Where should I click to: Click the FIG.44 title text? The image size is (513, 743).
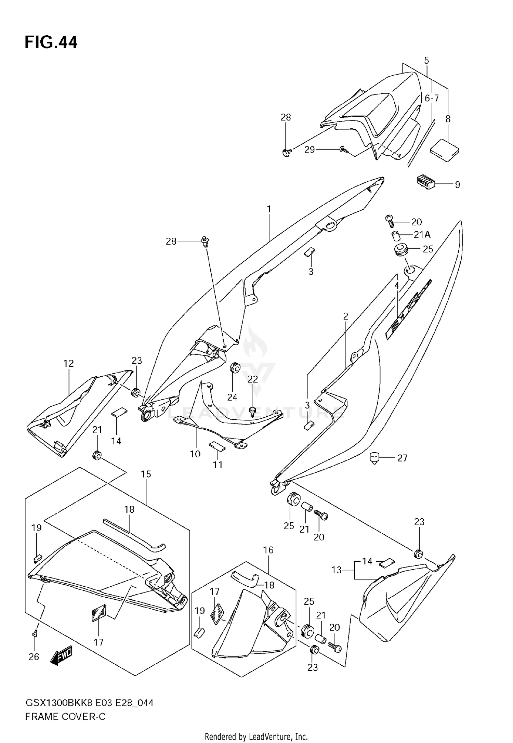click(51, 43)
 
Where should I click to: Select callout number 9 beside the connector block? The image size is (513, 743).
click(457, 185)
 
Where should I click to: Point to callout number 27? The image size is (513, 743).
click(402, 458)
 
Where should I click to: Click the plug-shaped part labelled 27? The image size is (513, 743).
click(376, 457)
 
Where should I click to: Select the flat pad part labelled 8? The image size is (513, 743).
click(444, 149)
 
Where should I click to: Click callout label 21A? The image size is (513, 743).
click(422, 235)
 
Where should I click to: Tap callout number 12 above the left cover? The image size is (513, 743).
click(68, 363)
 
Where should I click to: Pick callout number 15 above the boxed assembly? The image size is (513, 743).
click(146, 474)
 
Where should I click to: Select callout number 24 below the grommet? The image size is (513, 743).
click(232, 397)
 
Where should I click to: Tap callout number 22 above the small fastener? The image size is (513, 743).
click(253, 379)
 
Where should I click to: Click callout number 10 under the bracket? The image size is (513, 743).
click(195, 454)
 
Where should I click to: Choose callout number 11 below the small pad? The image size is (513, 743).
click(218, 465)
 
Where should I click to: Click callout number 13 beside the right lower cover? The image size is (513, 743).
click(337, 570)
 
